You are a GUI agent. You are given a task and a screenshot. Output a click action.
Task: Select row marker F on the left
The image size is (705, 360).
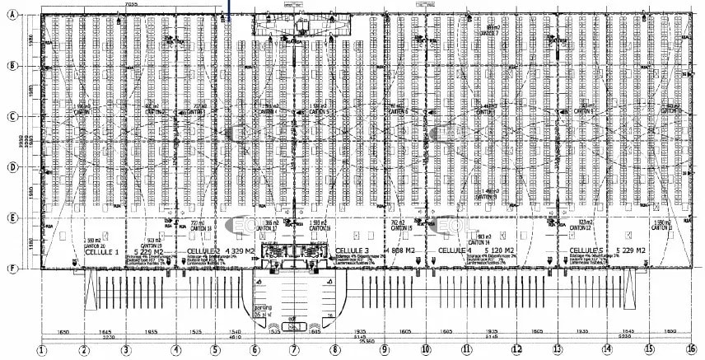click(12, 268)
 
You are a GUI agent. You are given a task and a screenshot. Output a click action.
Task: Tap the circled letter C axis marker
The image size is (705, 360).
click(12, 116)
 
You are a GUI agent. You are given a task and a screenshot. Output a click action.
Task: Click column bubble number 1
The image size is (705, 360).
click(42, 350)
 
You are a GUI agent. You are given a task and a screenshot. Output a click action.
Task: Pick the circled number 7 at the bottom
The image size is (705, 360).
click(294, 350)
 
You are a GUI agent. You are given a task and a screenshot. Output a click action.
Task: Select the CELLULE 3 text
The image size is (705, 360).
click(355, 250)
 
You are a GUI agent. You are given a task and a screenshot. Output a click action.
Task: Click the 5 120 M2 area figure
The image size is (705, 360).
click(498, 250)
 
